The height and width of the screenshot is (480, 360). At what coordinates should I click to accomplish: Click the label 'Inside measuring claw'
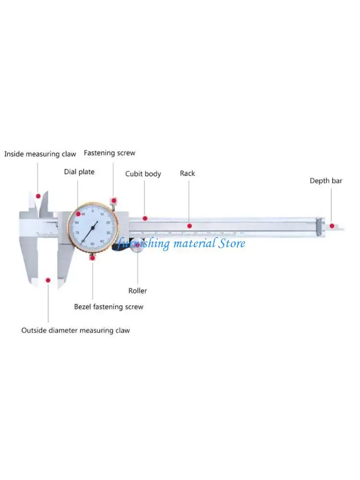coord(40,154)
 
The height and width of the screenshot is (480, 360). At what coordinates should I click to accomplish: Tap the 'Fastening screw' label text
coord(109,153)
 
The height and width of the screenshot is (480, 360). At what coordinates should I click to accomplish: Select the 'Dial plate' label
coord(79,171)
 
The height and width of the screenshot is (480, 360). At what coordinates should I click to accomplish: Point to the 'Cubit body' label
coord(143,174)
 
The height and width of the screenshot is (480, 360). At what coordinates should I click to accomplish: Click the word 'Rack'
coord(187,173)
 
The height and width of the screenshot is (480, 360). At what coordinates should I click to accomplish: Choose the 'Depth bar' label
coord(325,181)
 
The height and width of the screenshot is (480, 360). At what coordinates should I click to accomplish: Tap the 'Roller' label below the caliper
coord(138,290)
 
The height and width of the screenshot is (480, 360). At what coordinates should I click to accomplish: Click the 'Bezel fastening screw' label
coord(108,306)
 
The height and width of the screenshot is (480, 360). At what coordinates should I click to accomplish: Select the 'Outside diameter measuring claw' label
coord(75,330)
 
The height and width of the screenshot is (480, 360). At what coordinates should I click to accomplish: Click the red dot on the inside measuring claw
coord(38,196)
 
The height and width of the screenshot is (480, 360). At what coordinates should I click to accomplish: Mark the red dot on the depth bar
coord(332,225)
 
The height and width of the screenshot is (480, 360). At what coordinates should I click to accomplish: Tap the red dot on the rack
coord(190,225)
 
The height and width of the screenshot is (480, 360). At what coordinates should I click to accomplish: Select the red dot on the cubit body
coord(145,218)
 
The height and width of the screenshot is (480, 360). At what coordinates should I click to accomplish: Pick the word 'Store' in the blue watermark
coord(232,243)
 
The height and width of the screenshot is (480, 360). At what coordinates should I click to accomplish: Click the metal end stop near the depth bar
coord(319,226)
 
